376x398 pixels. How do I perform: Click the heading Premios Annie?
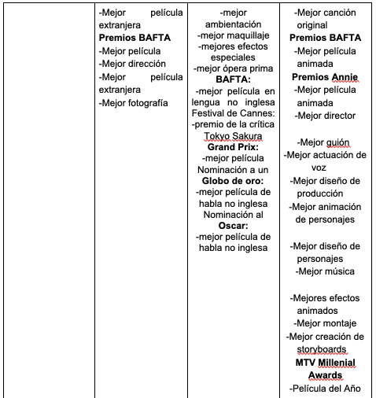coord(324,77)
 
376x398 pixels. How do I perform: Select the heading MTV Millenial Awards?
coord(325,369)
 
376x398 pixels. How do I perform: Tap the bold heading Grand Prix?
coord(232,146)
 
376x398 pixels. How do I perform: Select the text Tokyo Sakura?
coord(232,135)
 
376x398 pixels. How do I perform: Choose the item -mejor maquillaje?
coord(232,36)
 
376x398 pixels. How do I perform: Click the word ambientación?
coord(232,24)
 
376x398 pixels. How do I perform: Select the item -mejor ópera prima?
coord(232,68)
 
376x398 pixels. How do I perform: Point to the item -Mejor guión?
coord(324,142)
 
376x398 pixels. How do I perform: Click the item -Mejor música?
coord(324,271)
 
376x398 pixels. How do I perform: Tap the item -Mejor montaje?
coord(324,323)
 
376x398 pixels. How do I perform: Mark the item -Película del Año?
coord(324,389)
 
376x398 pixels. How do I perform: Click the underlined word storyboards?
coord(324,348)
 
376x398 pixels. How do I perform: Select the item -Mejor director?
coord(324,116)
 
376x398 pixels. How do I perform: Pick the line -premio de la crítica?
coord(232,123)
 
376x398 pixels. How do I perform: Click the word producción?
coord(324,193)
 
